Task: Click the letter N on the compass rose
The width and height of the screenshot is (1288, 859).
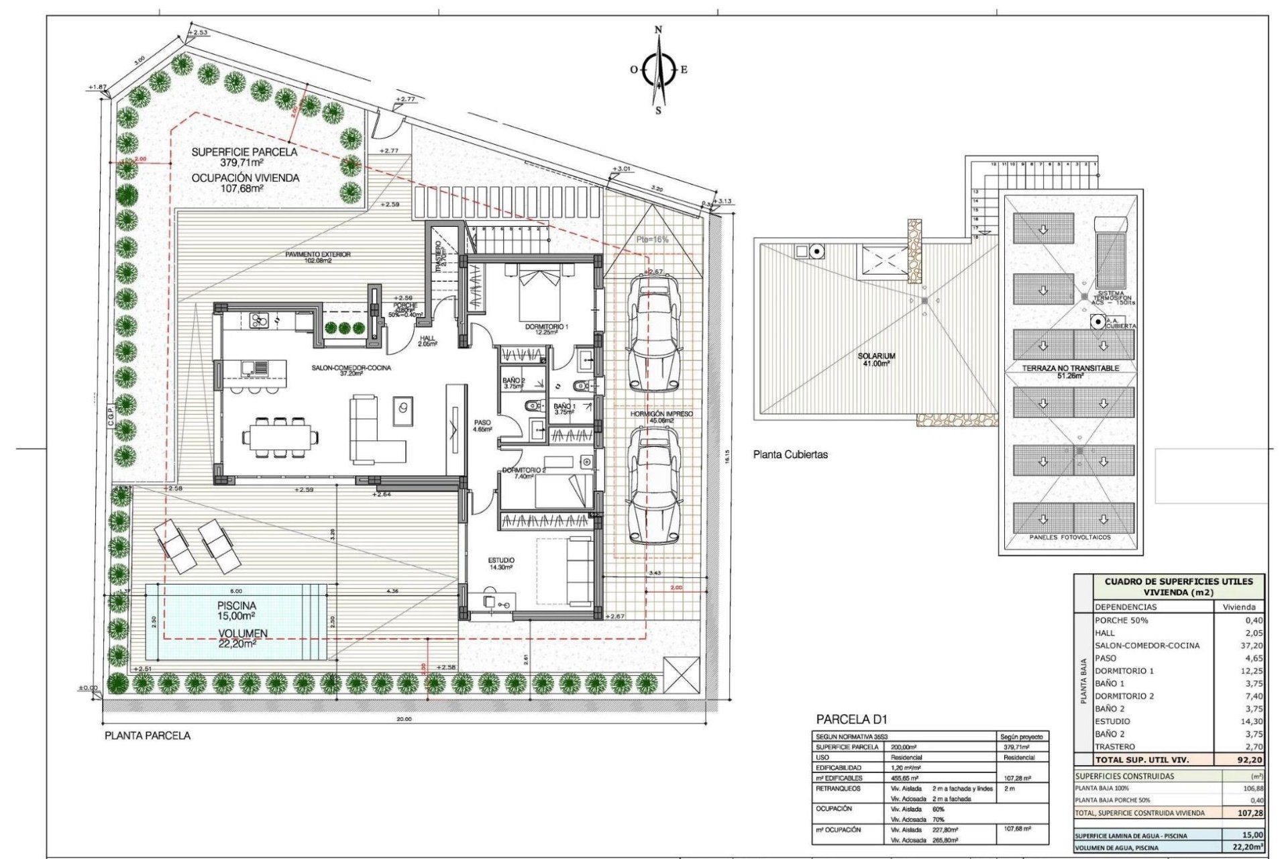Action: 658,30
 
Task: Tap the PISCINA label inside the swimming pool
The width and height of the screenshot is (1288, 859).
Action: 236,605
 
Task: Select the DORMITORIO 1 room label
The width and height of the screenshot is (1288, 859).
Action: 546,327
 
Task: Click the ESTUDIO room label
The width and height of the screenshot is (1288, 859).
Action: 500,560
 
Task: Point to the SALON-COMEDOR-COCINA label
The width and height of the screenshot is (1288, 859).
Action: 351,368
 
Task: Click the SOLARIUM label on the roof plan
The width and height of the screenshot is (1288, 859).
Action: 876,356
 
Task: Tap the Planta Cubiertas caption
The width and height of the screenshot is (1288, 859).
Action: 790,454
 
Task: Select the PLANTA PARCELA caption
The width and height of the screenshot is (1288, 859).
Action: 148,736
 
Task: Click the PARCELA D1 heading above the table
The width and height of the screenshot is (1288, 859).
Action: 851,720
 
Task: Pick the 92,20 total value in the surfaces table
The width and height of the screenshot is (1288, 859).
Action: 1249,760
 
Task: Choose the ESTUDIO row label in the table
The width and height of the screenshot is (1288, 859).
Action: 1112,721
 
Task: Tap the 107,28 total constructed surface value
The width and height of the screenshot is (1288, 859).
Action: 1250,813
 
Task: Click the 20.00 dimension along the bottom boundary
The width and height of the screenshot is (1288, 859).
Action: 404,719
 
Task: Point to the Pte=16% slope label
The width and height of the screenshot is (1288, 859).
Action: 652,240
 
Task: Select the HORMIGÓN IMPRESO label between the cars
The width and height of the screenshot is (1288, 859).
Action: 661,414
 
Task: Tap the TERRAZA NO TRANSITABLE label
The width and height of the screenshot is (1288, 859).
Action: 1070,368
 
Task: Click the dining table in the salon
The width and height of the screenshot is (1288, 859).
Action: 281,438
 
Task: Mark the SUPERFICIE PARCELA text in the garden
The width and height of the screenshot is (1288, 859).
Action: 244,152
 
